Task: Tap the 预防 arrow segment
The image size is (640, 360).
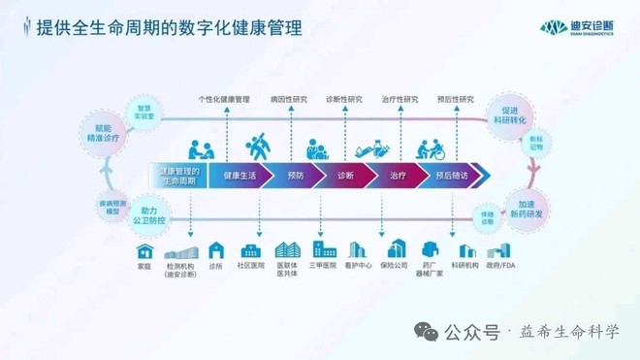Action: coord(296,176)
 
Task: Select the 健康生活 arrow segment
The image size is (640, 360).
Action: coord(240,176)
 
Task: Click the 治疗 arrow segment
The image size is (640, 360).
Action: coord(398,176)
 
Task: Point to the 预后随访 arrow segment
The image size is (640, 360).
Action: coord(452,176)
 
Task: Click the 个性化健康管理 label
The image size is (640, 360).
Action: coord(224,99)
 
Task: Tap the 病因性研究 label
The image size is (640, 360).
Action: coord(289,99)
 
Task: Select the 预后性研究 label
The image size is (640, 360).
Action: coord(456,99)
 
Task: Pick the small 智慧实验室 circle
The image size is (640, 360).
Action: coord(145,113)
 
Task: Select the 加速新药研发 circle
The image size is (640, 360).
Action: coord(531,210)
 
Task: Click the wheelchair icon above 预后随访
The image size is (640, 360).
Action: coord(431,149)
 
